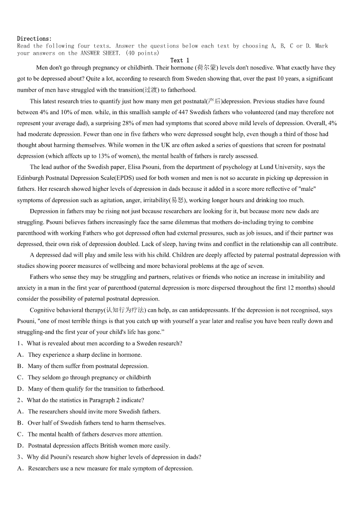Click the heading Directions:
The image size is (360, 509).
pyautogui.click(x=34, y=39)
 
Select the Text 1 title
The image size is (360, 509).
pyautogui.click(x=180, y=60)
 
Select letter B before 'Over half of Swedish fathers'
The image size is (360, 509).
pyautogui.click(x=20, y=423)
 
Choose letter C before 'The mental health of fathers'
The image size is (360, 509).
pyautogui.click(x=20, y=434)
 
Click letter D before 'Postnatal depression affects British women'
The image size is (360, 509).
pyautogui.click(x=20, y=446)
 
